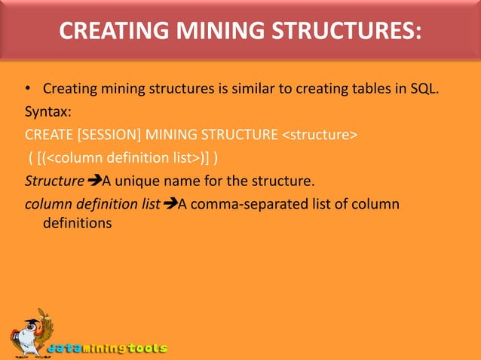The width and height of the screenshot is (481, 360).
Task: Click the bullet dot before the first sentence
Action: [x=28, y=93]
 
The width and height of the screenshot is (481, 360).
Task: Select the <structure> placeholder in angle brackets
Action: [x=320, y=136]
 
